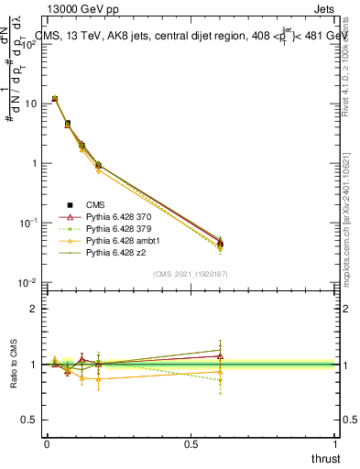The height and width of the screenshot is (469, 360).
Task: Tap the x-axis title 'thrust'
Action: click(325, 458)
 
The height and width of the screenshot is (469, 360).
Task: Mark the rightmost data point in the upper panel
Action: click(220, 243)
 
